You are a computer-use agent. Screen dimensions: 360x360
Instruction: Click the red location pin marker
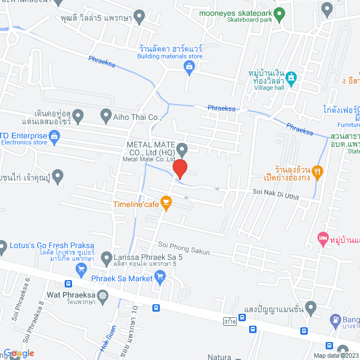click(x=179, y=169)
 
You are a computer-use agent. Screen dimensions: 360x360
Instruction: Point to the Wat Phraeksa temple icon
click(x=102, y=295)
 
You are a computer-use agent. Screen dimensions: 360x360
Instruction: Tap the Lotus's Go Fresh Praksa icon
click(x=3, y=246)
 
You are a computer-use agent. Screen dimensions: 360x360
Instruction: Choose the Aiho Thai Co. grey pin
click(x=105, y=116)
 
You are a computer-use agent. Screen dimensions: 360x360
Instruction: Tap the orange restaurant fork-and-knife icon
click(x=318, y=173)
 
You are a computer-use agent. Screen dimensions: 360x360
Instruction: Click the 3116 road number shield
click(x=228, y=321)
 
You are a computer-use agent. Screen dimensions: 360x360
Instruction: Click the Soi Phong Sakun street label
click(x=184, y=248)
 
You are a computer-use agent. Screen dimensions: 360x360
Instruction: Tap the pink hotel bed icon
click(x=322, y=238)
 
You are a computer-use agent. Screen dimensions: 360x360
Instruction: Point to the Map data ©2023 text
click(x=335, y=355)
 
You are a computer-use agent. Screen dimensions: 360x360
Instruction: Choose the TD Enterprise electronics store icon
click(x=55, y=135)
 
